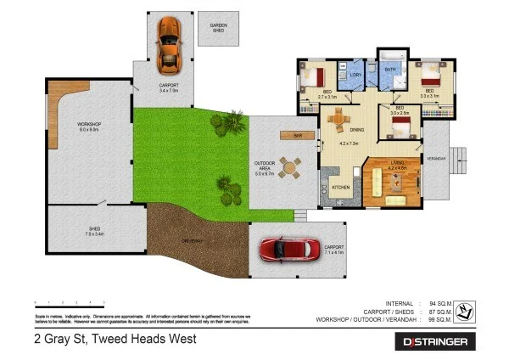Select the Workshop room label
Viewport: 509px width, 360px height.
pos(89,127)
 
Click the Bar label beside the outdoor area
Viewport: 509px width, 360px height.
pos(297,135)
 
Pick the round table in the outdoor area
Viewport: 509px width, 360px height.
pos(290,167)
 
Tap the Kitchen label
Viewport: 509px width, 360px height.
pos(341,187)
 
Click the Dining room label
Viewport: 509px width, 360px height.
pos(356,130)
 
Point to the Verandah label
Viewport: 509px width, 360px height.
pos(436,158)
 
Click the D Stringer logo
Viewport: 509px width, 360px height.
pos(435,341)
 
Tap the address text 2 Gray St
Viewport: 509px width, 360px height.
pos(115,339)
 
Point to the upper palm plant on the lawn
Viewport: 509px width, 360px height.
pos(227,125)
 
